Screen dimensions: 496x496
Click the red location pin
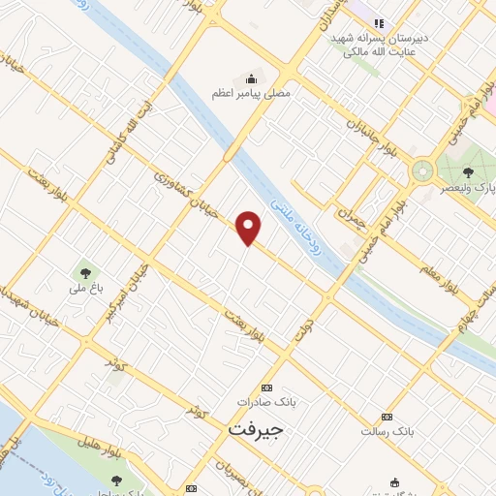(250, 228)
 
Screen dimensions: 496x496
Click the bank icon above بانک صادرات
(267, 386)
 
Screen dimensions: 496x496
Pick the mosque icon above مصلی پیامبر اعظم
(252, 78)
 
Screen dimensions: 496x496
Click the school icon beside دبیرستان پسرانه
(380, 23)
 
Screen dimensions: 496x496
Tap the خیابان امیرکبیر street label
(129, 280)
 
